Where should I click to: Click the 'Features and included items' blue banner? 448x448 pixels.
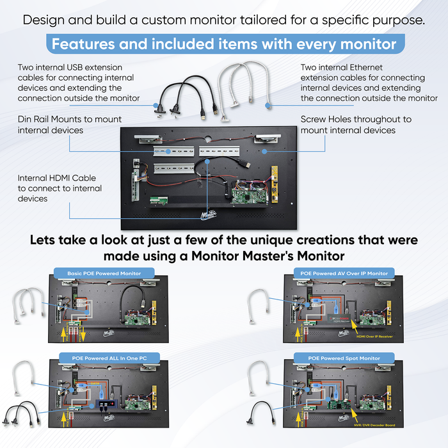224,45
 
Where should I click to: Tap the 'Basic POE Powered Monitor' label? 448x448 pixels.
104,273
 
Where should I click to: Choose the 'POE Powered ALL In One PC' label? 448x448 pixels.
104,356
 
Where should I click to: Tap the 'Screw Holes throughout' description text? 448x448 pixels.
356,124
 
